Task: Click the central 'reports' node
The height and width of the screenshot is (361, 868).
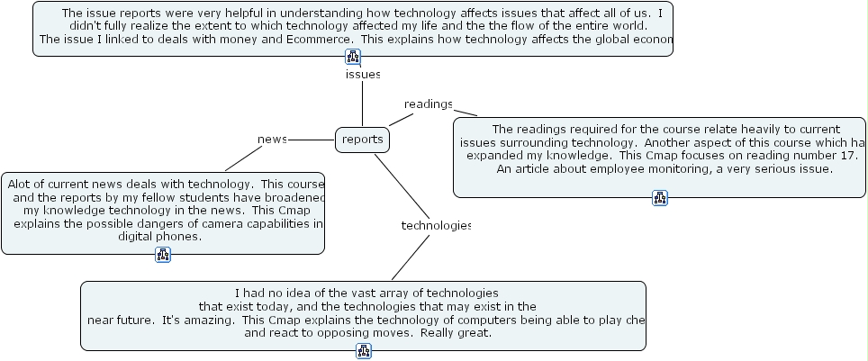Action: point(363,140)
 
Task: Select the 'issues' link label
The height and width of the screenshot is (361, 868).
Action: point(363,74)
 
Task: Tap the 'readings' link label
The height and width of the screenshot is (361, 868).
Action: point(428,104)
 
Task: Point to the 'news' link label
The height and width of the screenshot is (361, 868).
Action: point(272,140)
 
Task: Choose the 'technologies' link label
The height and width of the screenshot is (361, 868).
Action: point(436,225)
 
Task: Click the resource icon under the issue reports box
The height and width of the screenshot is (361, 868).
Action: point(353,57)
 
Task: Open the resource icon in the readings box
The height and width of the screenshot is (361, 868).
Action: point(660,198)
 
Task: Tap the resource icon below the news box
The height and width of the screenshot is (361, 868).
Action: point(163,255)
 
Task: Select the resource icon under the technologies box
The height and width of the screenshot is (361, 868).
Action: point(363,351)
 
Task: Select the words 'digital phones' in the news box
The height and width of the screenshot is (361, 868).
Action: point(159,237)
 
